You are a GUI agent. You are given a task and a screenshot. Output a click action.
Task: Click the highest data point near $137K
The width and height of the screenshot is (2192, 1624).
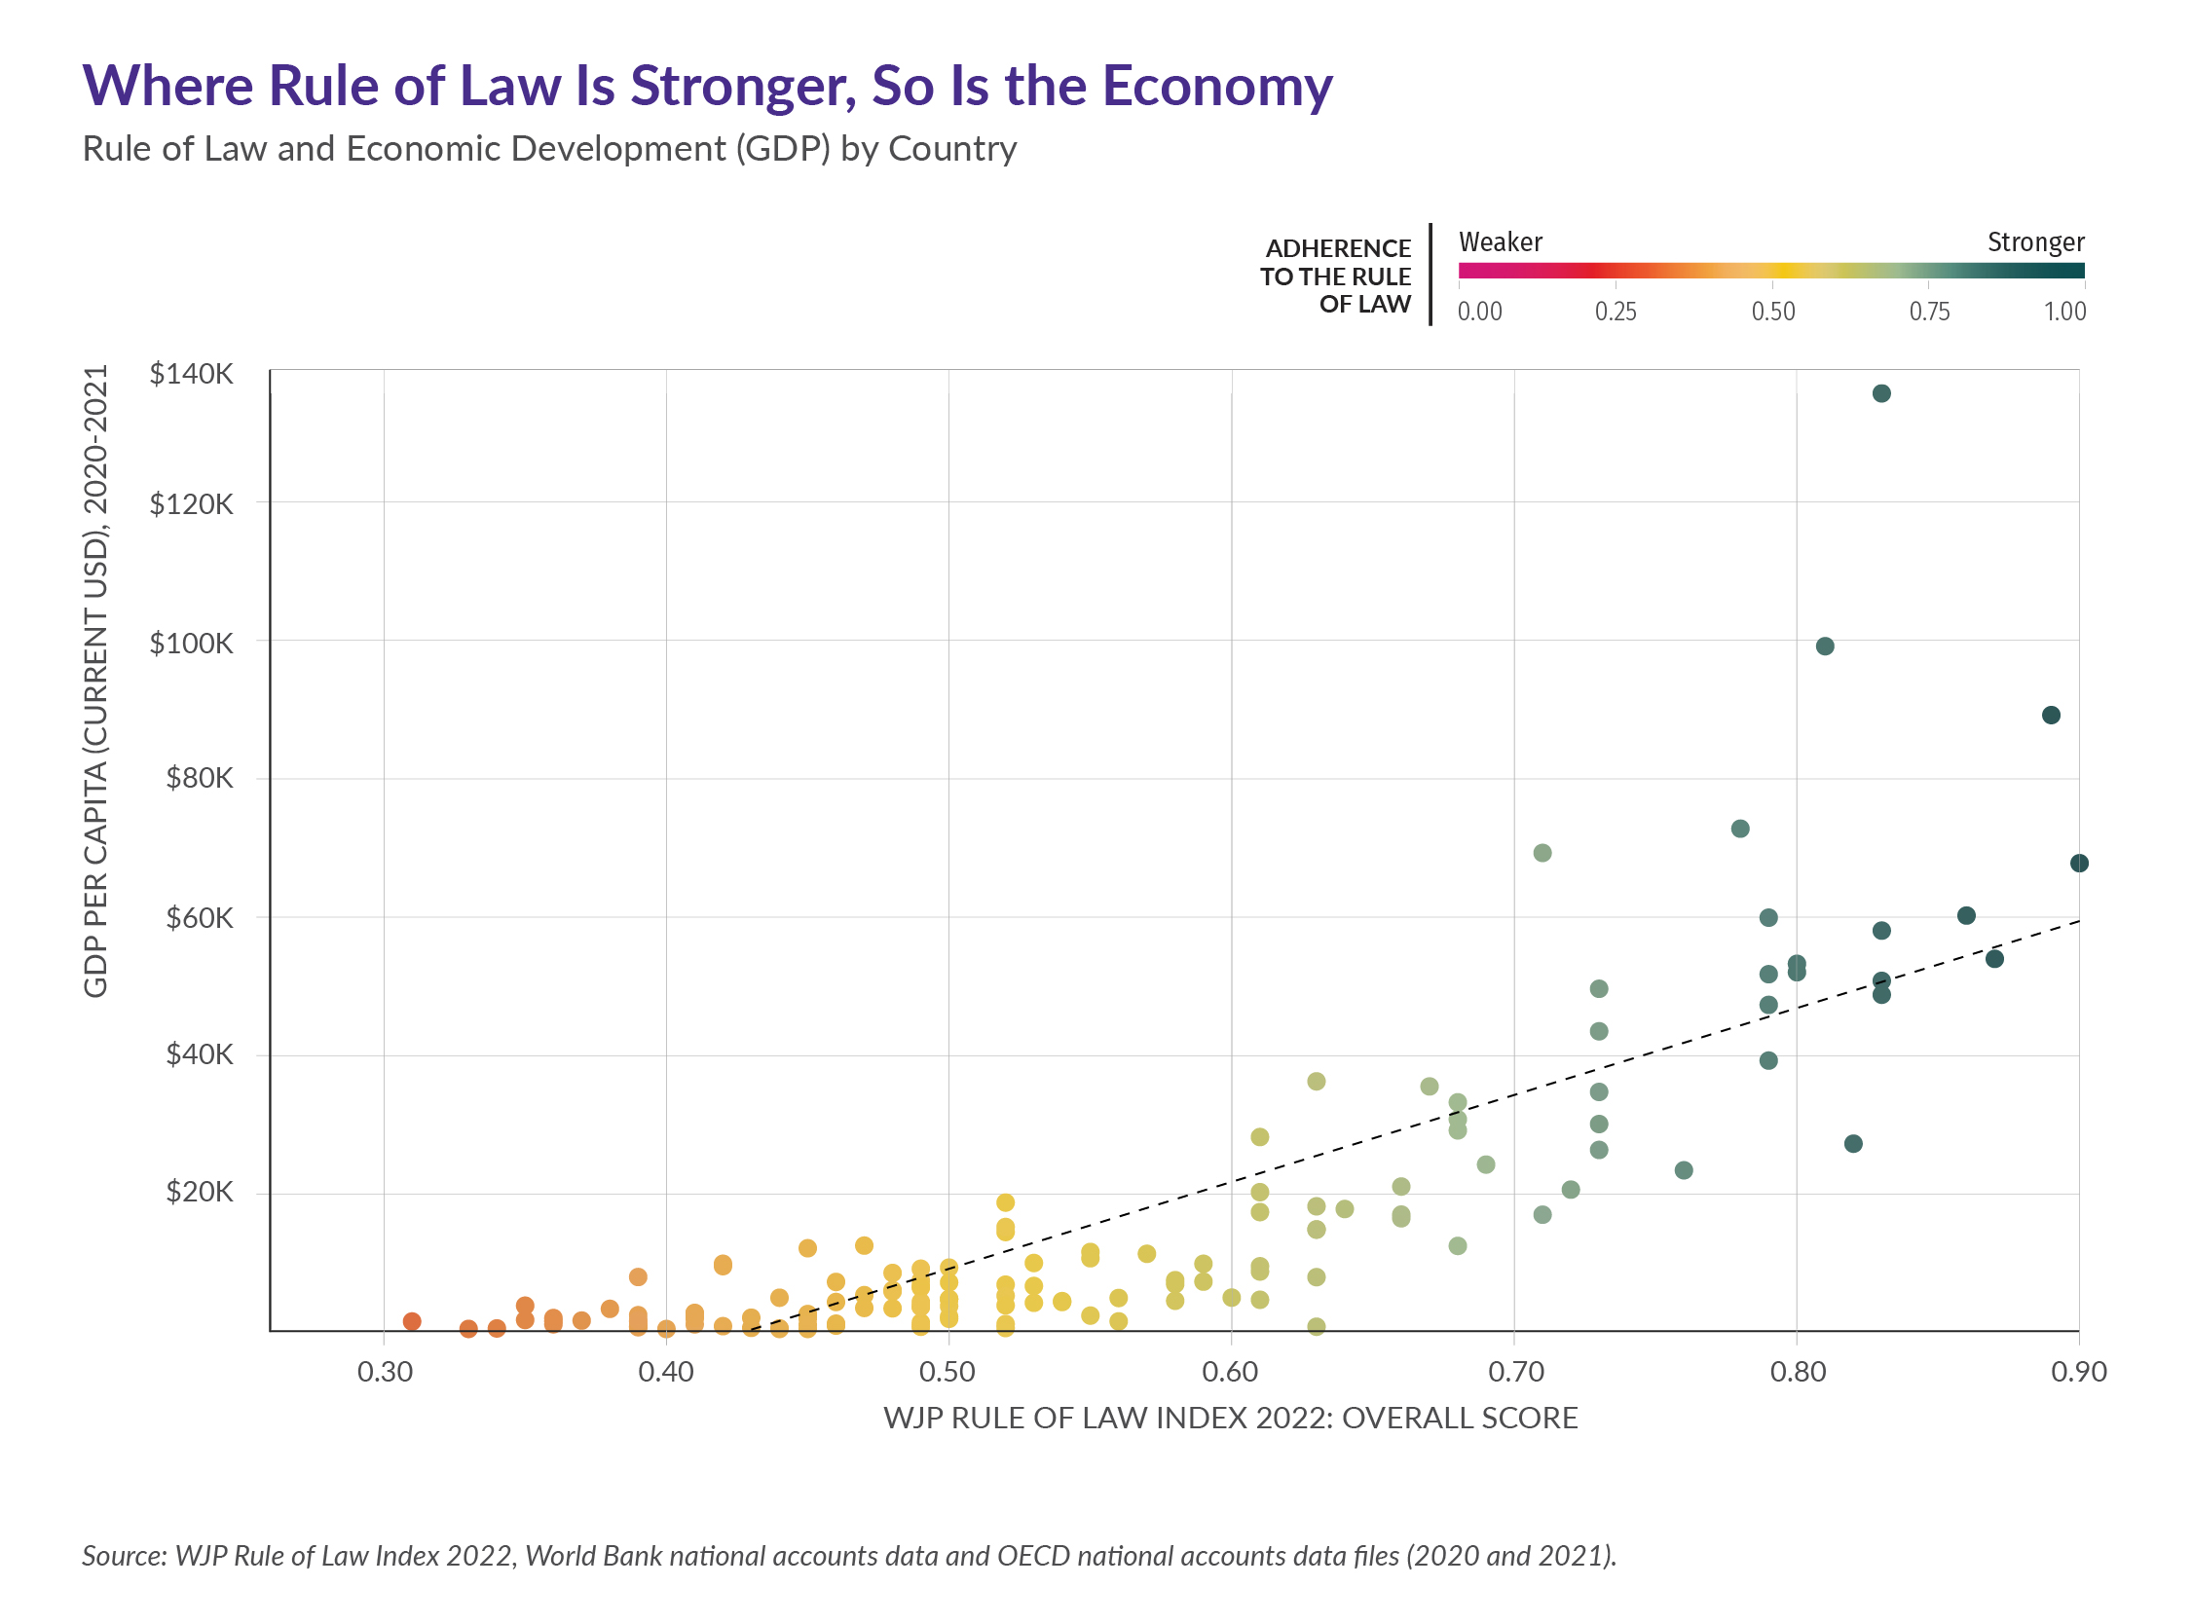point(1880,393)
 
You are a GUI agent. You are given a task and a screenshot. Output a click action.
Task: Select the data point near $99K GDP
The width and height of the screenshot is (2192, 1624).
point(1824,646)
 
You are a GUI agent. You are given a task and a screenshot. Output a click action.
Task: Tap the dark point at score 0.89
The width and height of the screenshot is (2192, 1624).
point(2051,715)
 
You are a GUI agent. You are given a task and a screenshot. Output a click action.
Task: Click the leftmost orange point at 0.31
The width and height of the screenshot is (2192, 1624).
point(412,1321)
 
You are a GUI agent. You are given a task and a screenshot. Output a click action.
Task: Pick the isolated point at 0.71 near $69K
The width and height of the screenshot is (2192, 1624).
point(1542,852)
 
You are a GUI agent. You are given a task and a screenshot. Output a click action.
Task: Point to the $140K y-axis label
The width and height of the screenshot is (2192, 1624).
point(191,374)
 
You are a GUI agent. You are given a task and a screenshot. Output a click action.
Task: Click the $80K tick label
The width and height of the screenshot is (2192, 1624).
point(200,779)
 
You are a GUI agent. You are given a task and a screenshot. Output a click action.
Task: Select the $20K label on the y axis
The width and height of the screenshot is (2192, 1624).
point(200,1193)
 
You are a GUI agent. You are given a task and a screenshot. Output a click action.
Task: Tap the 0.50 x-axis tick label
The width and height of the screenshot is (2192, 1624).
point(947,1372)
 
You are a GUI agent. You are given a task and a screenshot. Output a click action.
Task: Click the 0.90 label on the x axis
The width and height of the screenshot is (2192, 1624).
point(2078,1372)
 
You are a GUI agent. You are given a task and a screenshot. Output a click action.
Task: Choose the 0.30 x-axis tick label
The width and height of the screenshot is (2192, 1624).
point(385,1372)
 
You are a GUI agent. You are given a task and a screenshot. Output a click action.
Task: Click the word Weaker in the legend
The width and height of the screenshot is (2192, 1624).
point(1500,241)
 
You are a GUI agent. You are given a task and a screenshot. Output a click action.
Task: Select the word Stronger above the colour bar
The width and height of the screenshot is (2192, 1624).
point(2034,241)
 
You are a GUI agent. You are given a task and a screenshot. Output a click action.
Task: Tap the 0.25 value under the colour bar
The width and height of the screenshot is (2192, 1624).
point(1615,312)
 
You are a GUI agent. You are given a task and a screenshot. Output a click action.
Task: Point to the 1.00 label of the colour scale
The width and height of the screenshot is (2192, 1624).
point(2064,312)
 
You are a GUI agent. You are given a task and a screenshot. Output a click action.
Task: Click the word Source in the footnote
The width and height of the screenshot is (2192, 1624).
point(124,1555)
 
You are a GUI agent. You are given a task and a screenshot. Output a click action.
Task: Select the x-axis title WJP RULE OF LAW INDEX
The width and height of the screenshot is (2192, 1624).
point(1230,1418)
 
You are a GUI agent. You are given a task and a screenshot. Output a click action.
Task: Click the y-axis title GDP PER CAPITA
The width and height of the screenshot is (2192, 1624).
point(95,681)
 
